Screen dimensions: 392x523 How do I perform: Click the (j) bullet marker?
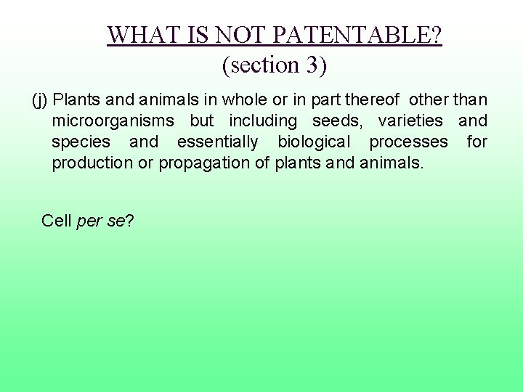[40, 99]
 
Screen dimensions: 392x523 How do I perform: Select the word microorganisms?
[113, 121]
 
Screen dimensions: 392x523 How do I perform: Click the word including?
[263, 121]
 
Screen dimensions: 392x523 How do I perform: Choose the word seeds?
[336, 121]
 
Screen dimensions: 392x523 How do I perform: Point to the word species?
[81, 142]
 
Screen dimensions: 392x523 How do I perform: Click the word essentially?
[217, 142]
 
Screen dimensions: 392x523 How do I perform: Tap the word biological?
[313, 142]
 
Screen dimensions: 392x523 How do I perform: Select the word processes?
[408, 142]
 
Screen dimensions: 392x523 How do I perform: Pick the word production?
[92, 163]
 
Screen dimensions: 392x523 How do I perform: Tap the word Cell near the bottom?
[57, 221]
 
